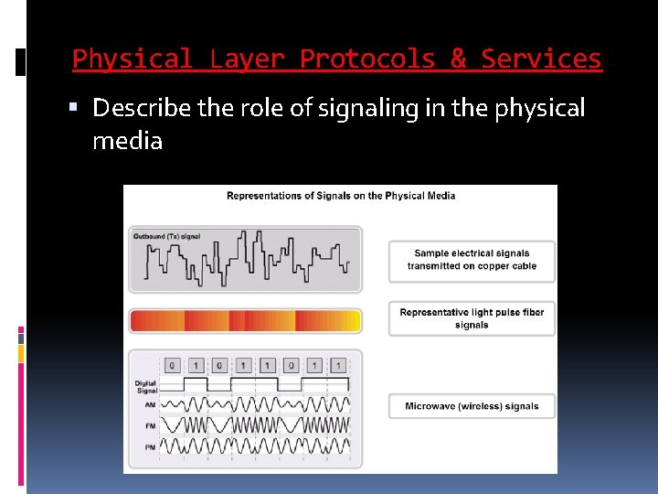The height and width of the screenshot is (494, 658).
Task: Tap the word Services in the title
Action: [x=541, y=59]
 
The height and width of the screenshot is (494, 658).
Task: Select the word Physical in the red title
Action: [x=133, y=59]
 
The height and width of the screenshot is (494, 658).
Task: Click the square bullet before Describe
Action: [x=80, y=109]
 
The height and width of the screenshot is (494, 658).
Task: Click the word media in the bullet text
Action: [x=127, y=141]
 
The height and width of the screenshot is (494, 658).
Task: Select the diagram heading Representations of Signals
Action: [x=341, y=196]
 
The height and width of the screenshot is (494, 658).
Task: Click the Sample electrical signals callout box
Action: [x=472, y=260]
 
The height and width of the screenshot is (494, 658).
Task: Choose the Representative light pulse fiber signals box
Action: [x=472, y=318]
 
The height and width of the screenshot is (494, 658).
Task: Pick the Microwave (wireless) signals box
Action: [x=472, y=406]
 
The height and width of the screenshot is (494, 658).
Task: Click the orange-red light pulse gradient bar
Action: [x=246, y=320]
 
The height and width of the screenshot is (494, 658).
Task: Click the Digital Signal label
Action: [x=145, y=386]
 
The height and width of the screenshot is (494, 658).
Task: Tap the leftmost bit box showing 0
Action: [x=172, y=365]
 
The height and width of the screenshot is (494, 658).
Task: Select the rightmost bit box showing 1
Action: [x=338, y=365]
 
